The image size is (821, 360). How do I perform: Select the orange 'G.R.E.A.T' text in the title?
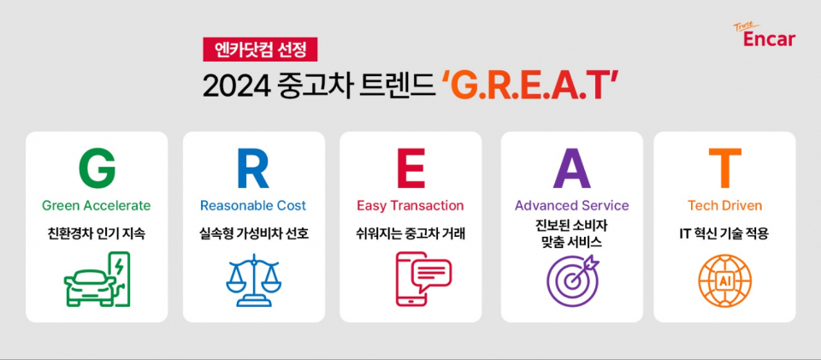pos(529,86)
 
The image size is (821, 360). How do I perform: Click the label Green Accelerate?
pos(97,205)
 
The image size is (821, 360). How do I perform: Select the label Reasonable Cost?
pos(253,205)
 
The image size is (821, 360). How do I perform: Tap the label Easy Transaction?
pos(410,205)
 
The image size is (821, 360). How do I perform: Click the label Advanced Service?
pos(571,205)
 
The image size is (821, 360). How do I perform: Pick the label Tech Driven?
pos(724,205)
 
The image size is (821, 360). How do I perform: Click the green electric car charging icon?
pos(97,279)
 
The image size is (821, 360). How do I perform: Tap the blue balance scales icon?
pos(253,279)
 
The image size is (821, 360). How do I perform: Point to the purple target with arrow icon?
pos(571,279)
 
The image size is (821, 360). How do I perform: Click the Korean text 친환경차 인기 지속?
pos(97,233)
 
